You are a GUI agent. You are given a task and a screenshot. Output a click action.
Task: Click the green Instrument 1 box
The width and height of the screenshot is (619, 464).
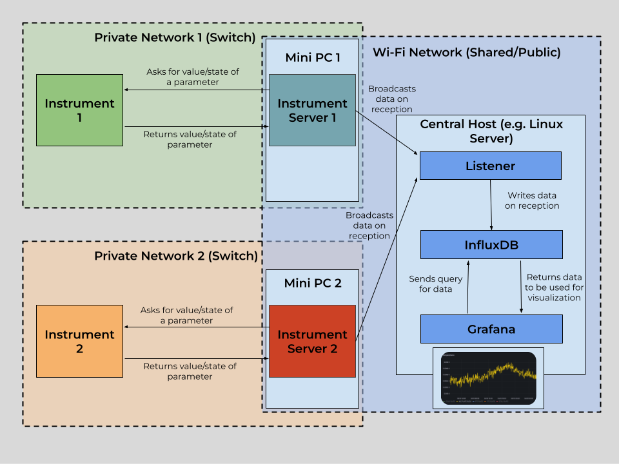pyautogui.click(x=79, y=110)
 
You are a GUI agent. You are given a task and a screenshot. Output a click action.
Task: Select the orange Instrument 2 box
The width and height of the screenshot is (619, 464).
pyautogui.click(x=79, y=342)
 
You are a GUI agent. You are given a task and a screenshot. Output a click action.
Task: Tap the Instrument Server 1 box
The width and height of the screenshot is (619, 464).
pyautogui.click(x=312, y=110)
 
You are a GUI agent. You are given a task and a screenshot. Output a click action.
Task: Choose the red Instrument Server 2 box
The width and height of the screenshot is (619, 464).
pyautogui.click(x=312, y=341)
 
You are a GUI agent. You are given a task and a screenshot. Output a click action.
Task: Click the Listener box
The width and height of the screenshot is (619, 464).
pyautogui.click(x=490, y=166)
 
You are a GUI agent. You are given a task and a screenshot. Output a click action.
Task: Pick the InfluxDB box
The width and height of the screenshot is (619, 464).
pyautogui.click(x=491, y=245)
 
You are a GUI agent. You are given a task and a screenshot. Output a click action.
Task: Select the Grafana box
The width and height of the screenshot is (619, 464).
pyautogui.click(x=491, y=329)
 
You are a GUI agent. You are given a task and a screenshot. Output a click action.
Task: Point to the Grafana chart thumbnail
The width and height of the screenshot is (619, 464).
pyautogui.click(x=488, y=378)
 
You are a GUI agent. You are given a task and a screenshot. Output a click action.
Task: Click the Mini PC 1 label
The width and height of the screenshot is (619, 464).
pyautogui.click(x=313, y=58)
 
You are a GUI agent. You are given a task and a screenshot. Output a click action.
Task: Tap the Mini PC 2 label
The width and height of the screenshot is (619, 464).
pyautogui.click(x=313, y=284)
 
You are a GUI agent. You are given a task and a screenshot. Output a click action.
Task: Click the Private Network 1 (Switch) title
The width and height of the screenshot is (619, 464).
pyautogui.click(x=175, y=37)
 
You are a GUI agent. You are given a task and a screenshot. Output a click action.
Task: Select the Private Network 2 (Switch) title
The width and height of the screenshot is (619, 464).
pyautogui.click(x=176, y=256)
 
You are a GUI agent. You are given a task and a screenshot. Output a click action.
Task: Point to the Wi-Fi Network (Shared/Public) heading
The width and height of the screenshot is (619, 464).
pyautogui.click(x=467, y=52)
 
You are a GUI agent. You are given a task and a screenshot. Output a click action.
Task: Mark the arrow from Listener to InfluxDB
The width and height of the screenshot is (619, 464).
pyautogui.click(x=492, y=205)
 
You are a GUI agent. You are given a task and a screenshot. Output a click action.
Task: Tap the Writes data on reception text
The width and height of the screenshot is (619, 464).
pyautogui.click(x=533, y=200)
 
